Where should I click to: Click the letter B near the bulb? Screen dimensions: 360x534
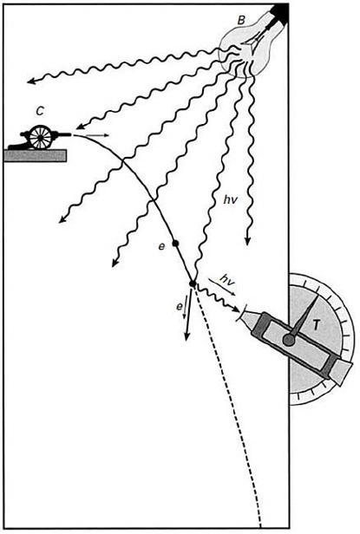[x=241, y=20]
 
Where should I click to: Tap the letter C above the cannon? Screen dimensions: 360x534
[x=40, y=111]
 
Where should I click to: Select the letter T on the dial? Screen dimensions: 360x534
[x=316, y=325]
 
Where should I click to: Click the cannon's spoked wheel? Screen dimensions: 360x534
[x=40, y=137]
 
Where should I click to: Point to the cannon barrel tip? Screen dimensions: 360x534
[x=70, y=134]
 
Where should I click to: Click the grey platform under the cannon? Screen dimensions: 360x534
[x=35, y=155]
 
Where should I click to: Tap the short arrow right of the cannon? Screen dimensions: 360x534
[x=97, y=135]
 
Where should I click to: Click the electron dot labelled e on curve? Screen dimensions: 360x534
[x=175, y=243]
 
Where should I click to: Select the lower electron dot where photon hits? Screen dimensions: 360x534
[x=193, y=283]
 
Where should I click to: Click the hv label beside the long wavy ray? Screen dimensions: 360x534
[x=230, y=200]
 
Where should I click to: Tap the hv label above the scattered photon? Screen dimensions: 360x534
[x=226, y=280]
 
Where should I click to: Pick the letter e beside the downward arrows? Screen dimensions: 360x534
[x=180, y=307]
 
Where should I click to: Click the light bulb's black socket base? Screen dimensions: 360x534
[x=278, y=13]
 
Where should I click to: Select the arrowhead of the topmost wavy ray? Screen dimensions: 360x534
[x=30, y=81]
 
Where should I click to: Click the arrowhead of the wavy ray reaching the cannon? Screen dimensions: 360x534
[x=79, y=127]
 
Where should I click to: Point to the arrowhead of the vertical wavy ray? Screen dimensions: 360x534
[x=248, y=241]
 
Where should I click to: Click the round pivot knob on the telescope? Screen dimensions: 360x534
[x=289, y=340]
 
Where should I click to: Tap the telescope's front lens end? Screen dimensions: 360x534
[x=241, y=314]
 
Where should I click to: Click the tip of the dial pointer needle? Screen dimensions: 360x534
[x=319, y=295]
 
